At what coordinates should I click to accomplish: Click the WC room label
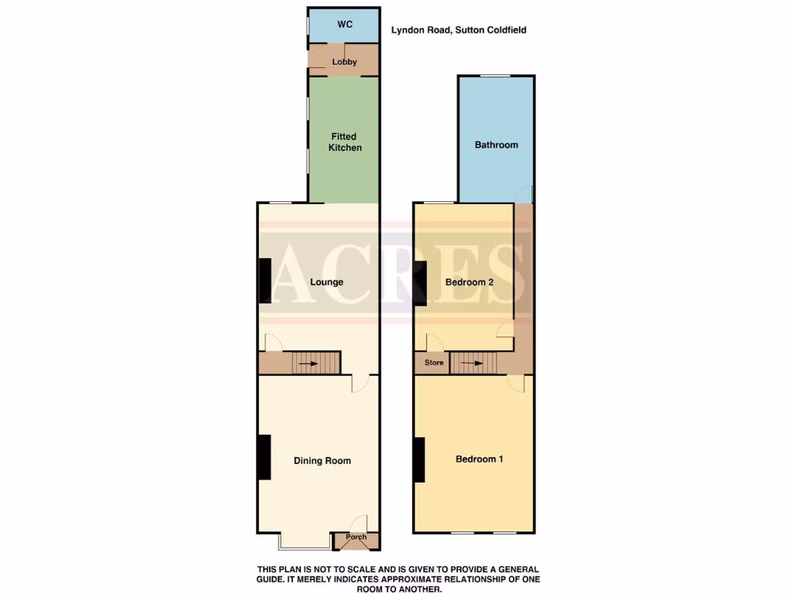[344, 25]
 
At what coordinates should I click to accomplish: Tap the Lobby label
[344, 62]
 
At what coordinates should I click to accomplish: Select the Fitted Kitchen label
[344, 142]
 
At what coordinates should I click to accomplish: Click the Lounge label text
[326, 282]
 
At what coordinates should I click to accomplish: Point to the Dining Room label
[322, 461]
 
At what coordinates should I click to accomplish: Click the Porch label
[356, 538]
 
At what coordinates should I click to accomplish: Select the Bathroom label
[496, 145]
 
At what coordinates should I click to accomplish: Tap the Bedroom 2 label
[469, 282]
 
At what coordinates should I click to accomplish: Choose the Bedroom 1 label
[479, 459]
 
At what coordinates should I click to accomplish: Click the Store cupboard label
[434, 363]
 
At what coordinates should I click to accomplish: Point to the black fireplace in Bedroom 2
[420, 282]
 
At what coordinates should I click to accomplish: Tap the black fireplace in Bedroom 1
[420, 459]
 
